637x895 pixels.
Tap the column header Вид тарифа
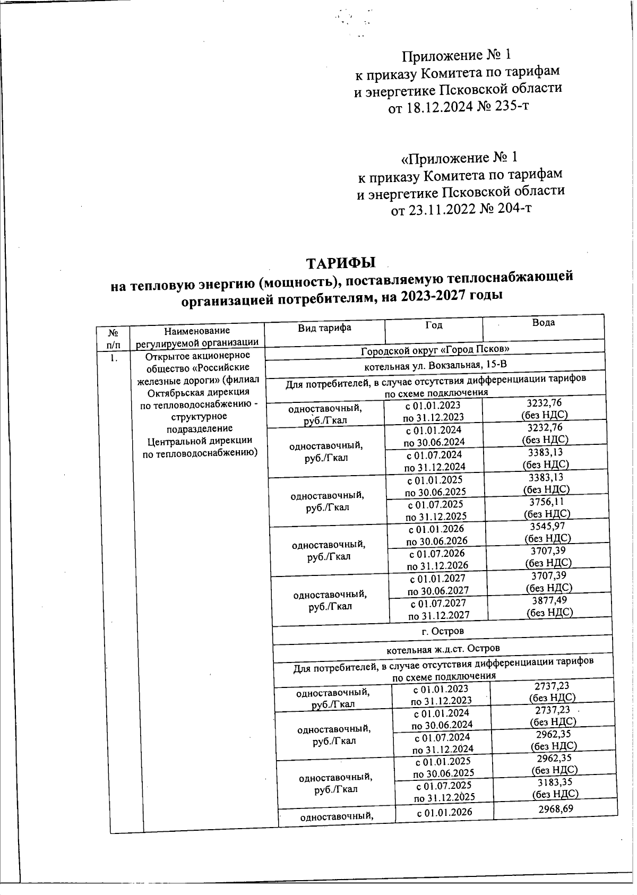[324, 328]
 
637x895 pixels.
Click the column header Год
[434, 325]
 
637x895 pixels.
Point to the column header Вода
[544, 322]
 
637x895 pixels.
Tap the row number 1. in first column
[113, 358]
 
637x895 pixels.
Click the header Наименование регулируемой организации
[197, 337]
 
